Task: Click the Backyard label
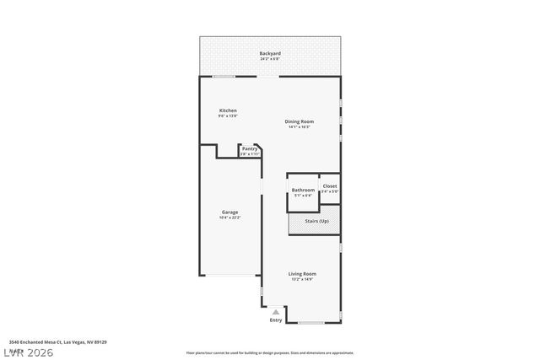(x=270, y=54)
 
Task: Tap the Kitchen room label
(x=228, y=110)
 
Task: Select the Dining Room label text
(x=300, y=121)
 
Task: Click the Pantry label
(x=249, y=149)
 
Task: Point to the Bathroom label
(x=303, y=190)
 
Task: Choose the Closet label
(x=329, y=185)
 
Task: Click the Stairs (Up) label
(x=317, y=221)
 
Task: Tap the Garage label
(x=229, y=212)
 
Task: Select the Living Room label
(x=302, y=274)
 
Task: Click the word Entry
(x=276, y=320)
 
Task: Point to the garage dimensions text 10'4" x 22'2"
(x=229, y=218)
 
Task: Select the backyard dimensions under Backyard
(x=270, y=59)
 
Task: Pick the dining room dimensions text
(x=300, y=126)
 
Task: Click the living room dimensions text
(x=302, y=279)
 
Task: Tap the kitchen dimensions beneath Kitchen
(x=228, y=116)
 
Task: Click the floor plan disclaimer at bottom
(x=270, y=352)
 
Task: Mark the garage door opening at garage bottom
(x=229, y=276)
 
